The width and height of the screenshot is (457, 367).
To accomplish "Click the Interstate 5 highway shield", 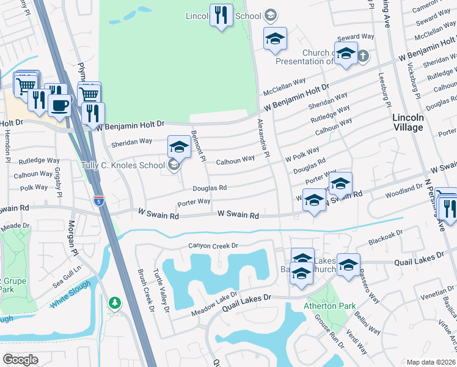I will click(x=99, y=200).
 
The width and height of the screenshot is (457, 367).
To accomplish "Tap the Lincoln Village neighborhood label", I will click(x=408, y=122).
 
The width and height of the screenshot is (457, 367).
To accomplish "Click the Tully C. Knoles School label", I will click(x=123, y=165).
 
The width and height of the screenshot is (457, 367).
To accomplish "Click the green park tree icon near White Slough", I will click(x=115, y=302).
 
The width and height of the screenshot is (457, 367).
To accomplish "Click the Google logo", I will click(x=21, y=359).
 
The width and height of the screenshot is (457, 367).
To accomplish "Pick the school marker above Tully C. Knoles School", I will click(x=179, y=147).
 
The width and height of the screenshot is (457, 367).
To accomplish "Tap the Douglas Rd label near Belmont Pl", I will click(x=210, y=188).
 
